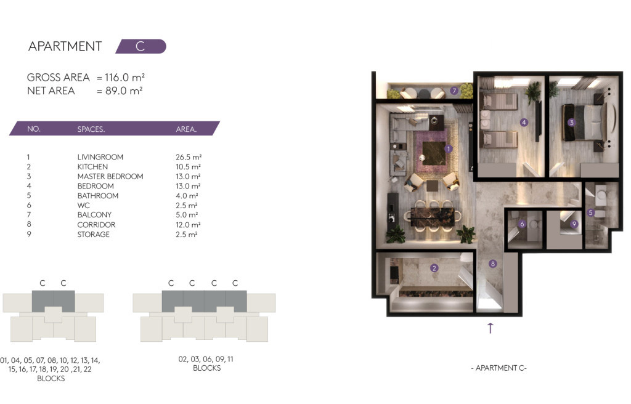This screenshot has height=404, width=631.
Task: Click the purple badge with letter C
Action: (141, 46)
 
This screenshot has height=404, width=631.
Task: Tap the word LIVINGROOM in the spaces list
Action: (100, 157)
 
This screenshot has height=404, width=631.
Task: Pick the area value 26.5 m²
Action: (188, 157)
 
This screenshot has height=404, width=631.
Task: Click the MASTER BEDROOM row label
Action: (110, 176)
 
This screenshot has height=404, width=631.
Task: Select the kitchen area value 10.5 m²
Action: (188, 167)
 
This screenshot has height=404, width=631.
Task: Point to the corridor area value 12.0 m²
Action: (188, 225)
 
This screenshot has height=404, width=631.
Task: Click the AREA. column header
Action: (186, 129)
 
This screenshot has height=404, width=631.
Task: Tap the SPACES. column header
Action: (91, 129)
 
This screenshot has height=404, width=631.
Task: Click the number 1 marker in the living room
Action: (449, 148)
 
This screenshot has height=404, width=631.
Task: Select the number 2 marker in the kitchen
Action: (434, 268)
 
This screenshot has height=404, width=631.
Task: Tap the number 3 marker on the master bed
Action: (571, 123)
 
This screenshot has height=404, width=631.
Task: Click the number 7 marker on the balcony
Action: (454, 91)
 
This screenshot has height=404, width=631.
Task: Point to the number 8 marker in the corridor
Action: (493, 264)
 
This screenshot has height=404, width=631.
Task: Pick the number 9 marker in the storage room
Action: (574, 224)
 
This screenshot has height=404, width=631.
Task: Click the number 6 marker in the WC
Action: (522, 224)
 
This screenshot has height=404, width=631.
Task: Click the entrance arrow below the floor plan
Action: (491, 328)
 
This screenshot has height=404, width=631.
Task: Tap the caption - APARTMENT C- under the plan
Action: (499, 368)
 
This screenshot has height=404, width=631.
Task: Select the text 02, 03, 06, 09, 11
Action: (206, 359)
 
